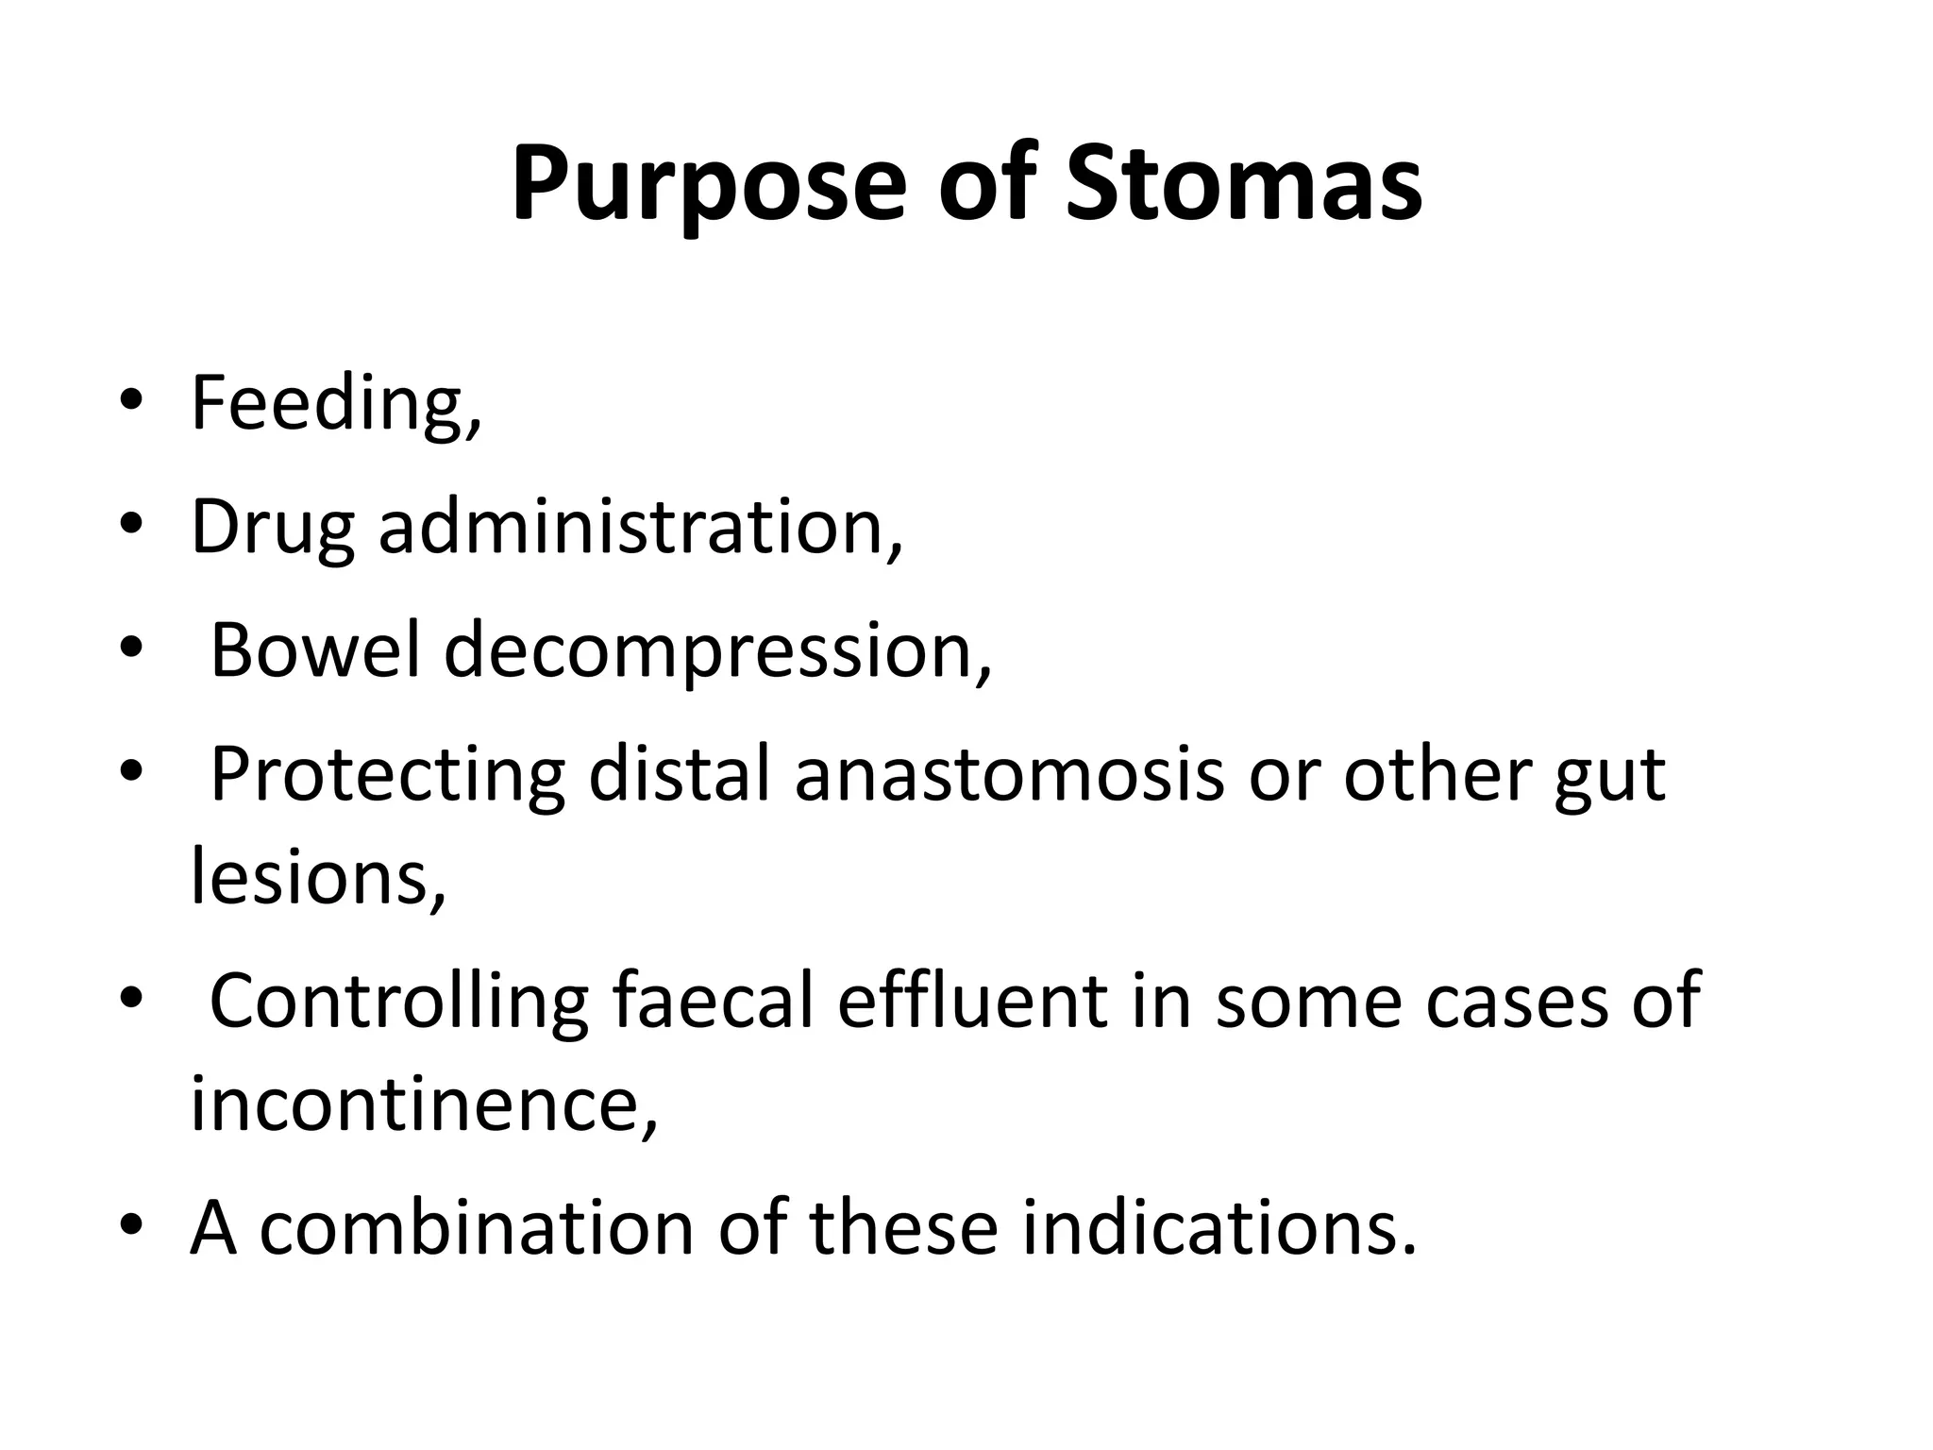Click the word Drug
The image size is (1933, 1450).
[273, 529]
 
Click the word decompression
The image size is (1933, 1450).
[717, 653]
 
